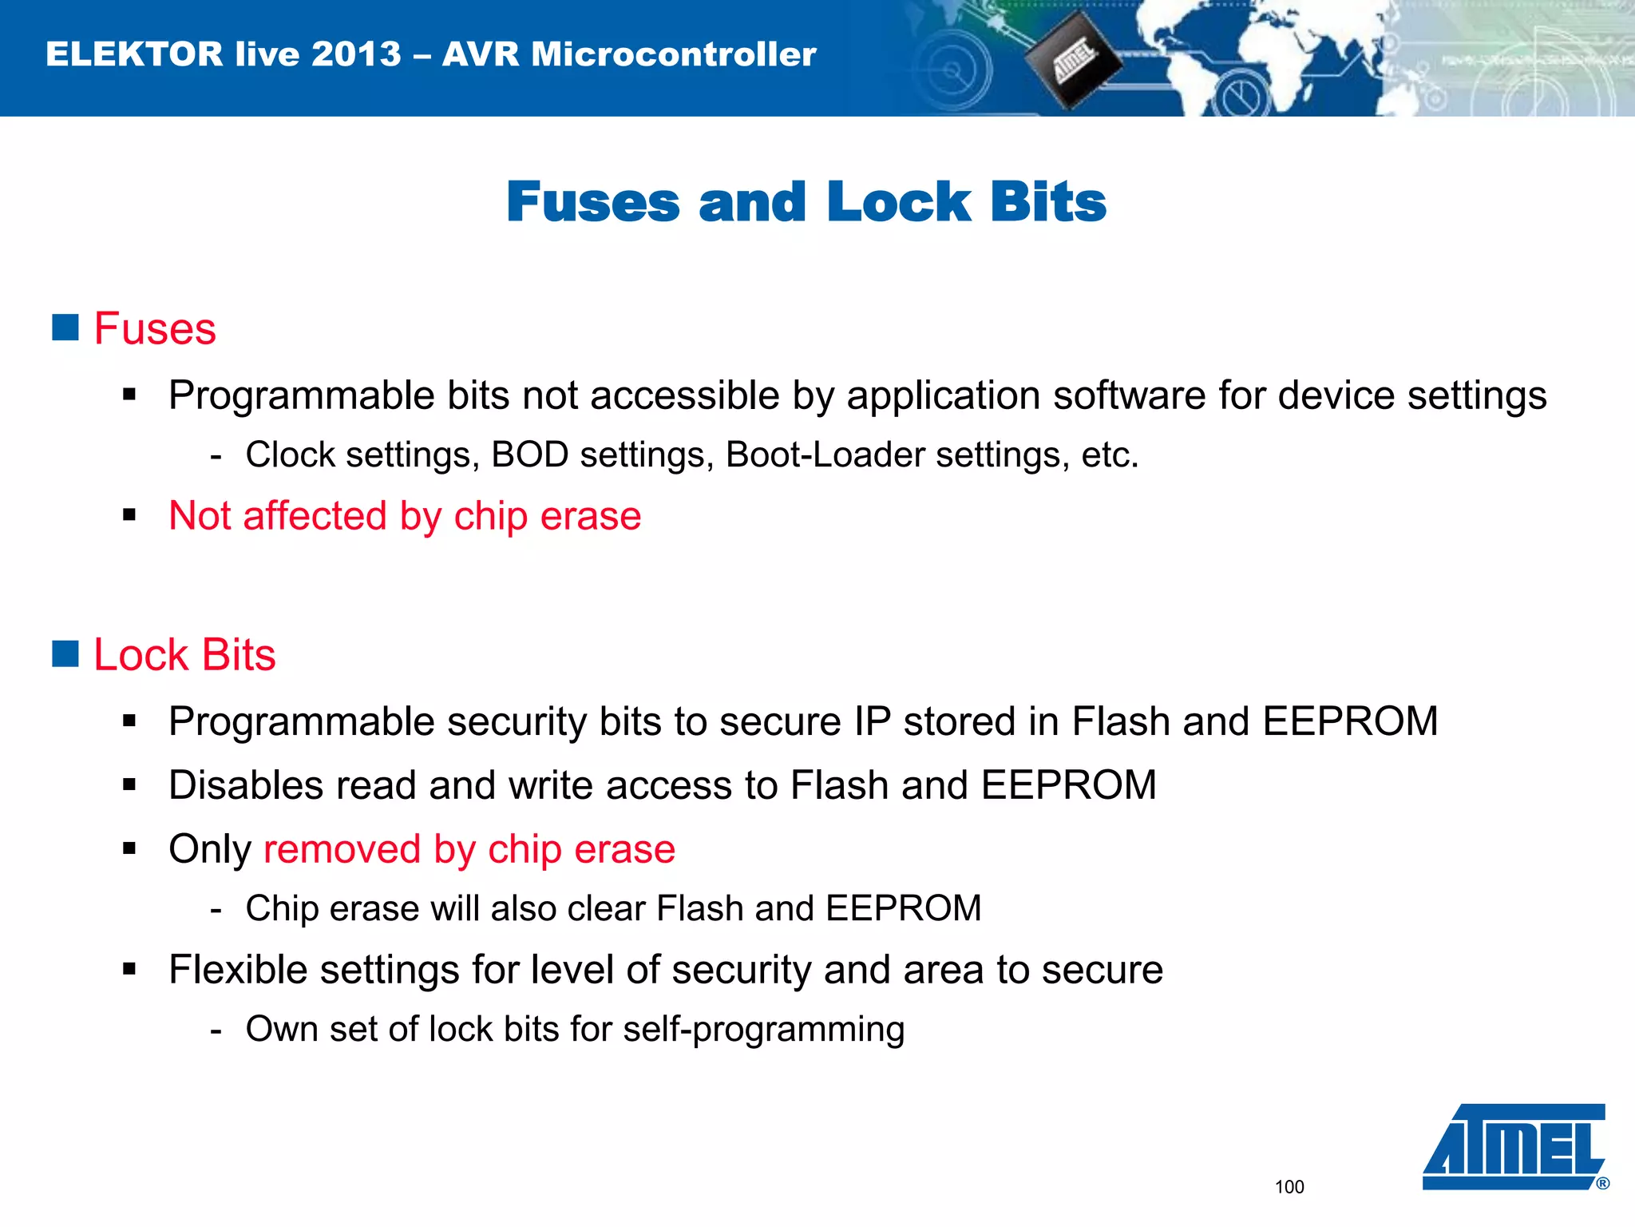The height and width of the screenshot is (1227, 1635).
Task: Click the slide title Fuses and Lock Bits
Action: coord(806,201)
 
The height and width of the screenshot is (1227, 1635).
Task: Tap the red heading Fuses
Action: coord(155,328)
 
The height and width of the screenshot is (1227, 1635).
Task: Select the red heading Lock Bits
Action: coord(184,655)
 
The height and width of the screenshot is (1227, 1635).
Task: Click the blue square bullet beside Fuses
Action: coord(65,327)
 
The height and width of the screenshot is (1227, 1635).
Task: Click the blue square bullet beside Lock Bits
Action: coord(65,653)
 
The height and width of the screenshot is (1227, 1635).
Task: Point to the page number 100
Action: coord(1289,1187)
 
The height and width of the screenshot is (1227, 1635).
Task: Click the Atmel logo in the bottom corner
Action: coord(1514,1147)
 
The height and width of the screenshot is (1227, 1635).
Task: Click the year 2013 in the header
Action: coord(356,54)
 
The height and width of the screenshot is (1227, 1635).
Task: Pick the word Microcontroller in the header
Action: coord(674,54)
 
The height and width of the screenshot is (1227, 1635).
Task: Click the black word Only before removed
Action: coord(210,849)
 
